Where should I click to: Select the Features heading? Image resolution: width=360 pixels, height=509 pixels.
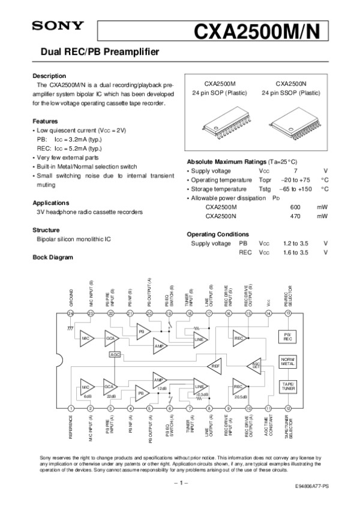point(45,121)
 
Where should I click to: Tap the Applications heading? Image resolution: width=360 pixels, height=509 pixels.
point(51,203)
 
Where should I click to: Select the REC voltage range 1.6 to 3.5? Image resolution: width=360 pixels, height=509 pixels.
point(295,252)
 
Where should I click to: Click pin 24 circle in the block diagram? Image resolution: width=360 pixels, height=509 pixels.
point(71,313)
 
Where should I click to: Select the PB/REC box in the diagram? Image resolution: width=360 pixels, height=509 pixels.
point(287,336)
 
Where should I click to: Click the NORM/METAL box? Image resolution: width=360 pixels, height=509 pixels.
point(287,361)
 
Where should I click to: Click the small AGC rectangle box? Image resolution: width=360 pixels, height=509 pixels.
point(116,354)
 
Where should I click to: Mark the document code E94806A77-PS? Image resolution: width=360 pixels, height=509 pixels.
point(311,488)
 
